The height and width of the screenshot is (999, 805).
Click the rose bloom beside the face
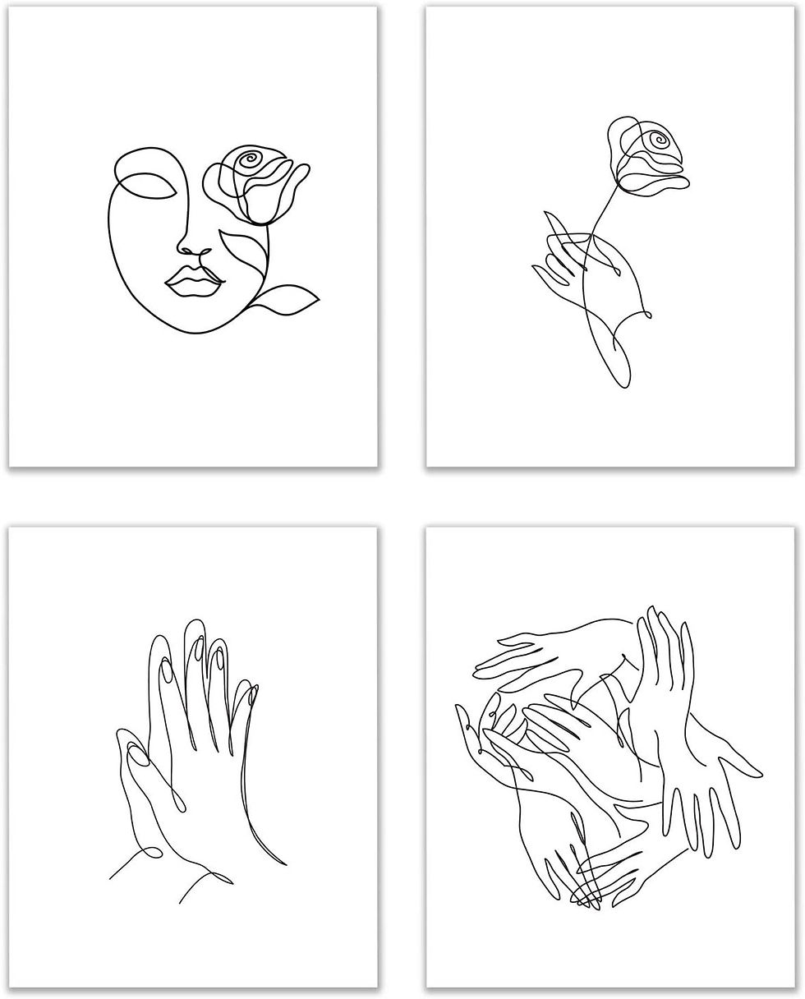point(255,182)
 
